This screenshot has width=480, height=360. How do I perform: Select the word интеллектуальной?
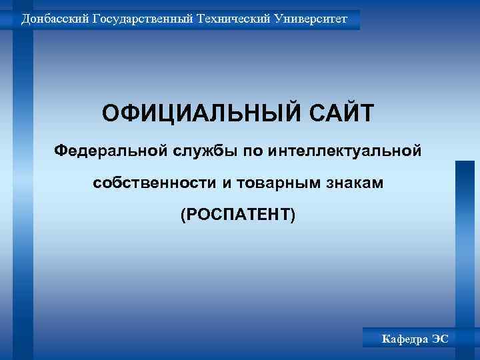[x=345, y=149]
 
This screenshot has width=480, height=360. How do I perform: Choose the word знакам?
[x=358, y=183]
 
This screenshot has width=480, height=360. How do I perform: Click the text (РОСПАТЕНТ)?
[x=237, y=215]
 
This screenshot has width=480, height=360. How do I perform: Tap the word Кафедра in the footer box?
[x=404, y=339]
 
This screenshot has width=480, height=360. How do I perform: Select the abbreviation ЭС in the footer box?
[x=440, y=339]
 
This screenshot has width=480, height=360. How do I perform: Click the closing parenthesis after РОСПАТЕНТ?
[x=291, y=215]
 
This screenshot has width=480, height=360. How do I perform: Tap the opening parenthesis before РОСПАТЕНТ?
[x=183, y=215]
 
